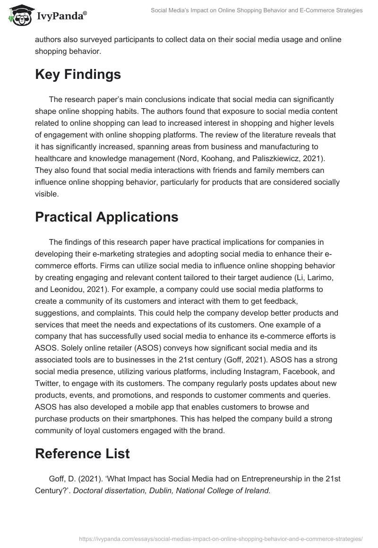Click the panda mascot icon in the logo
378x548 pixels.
click(x=17, y=16)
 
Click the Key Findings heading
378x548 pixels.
click(x=78, y=75)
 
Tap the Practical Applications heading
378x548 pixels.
click(x=106, y=217)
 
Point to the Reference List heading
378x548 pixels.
click(x=82, y=454)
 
